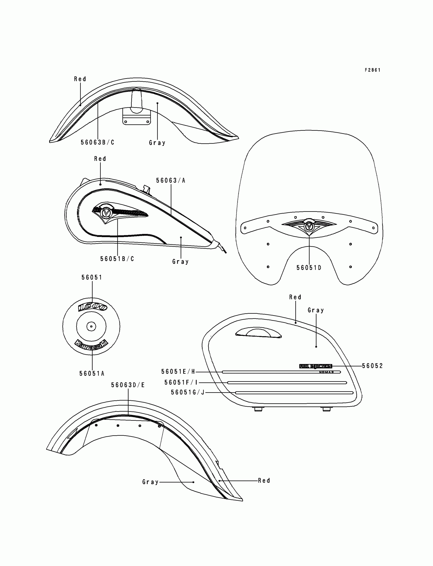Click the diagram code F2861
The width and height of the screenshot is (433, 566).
coord(372,70)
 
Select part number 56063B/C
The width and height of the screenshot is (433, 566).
coord(97,143)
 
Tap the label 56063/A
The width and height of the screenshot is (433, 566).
coord(171,181)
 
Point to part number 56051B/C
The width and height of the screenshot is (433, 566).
coord(117,259)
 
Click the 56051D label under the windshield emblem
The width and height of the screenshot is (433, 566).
coord(309,268)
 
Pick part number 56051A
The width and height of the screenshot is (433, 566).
coord(92,374)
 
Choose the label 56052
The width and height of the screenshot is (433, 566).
coord(372,366)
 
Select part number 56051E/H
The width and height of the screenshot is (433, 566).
coord(178,371)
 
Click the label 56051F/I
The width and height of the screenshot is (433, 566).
coord(181,383)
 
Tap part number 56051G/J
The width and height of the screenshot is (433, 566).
coord(188,392)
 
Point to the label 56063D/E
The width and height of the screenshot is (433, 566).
coord(128,385)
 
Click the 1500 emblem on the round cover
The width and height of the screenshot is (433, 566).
coord(92,307)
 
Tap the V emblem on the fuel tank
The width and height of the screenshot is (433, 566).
coord(106,212)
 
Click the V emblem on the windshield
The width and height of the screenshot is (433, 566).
coord(308,226)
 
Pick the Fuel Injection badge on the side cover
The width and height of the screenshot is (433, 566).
coord(316,366)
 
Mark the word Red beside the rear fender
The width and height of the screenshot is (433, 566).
coord(264,480)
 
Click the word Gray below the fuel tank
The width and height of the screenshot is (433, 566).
coord(180,262)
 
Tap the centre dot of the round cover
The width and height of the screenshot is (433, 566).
coord(91,326)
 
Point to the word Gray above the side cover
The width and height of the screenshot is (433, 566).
coord(316,310)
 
